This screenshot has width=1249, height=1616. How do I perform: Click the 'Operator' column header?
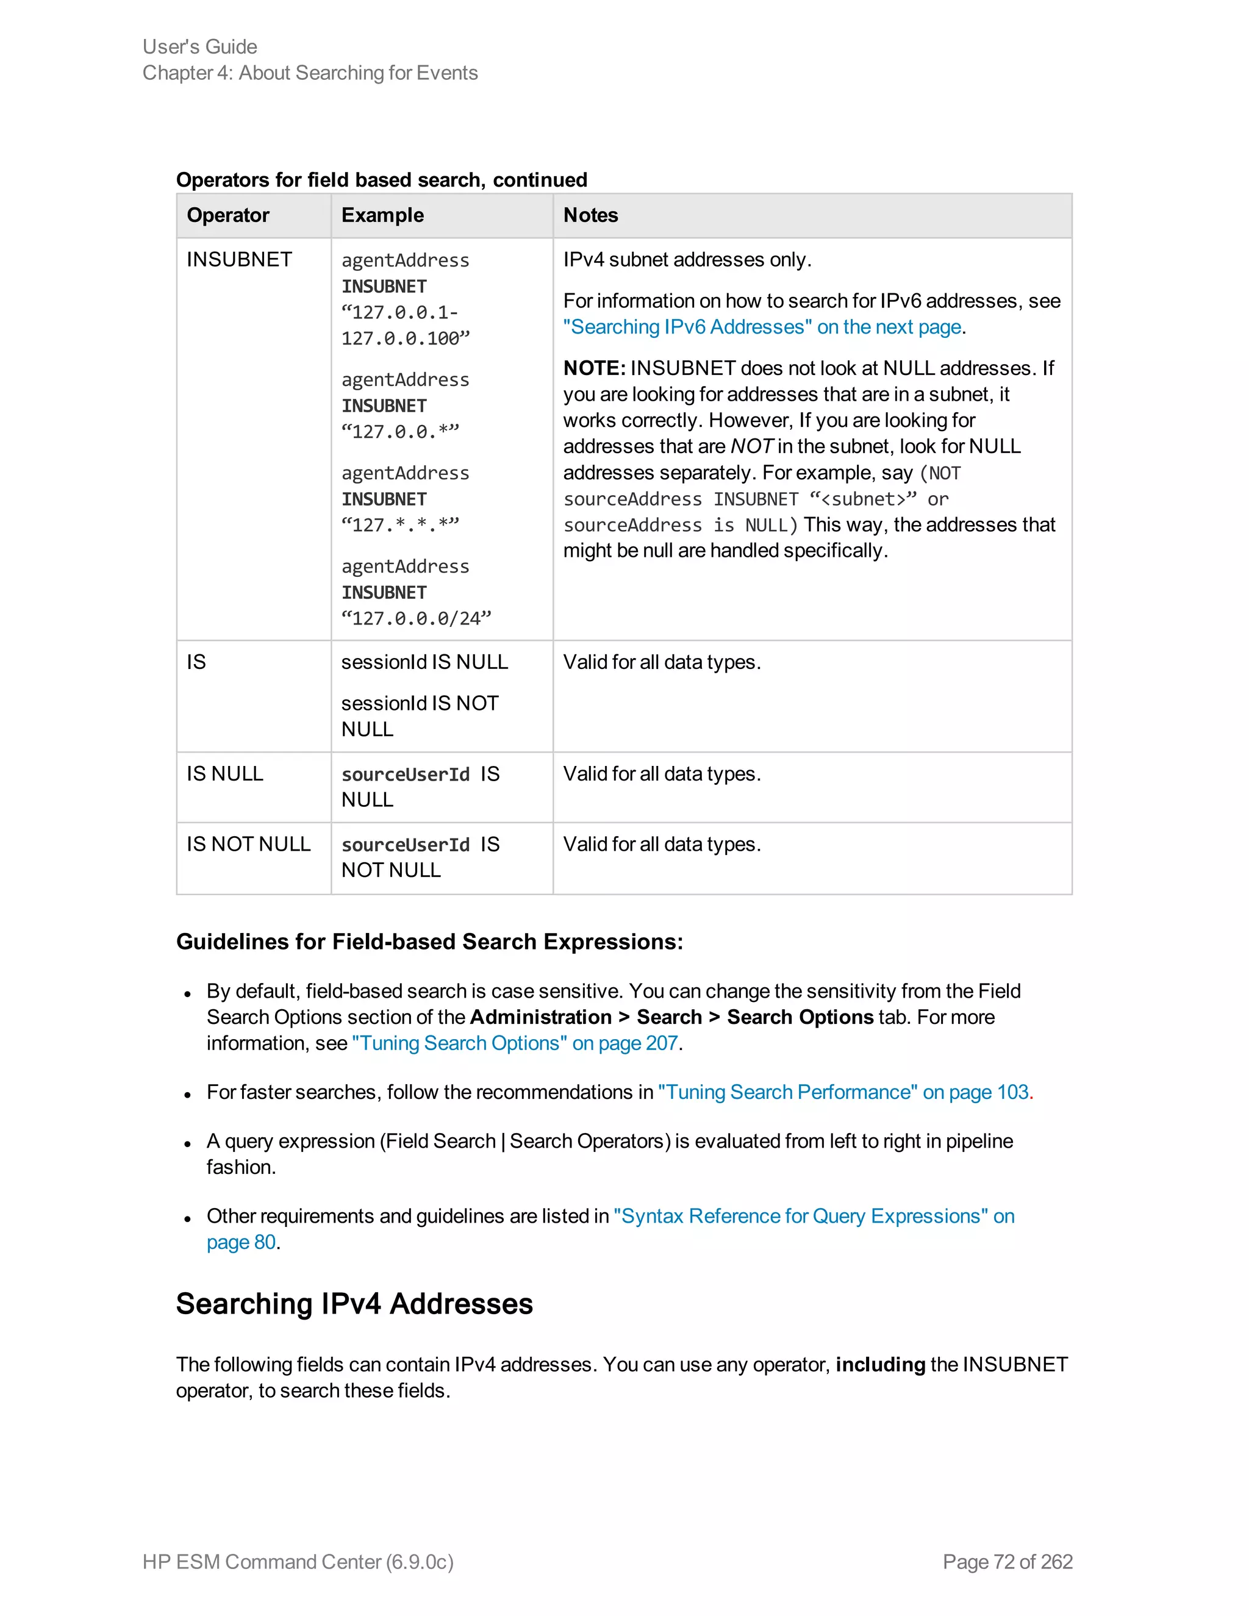click(228, 215)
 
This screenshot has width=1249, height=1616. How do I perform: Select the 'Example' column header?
click(382, 215)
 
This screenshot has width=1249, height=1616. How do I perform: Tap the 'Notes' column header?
click(590, 215)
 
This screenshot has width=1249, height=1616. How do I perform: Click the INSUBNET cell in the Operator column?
click(239, 260)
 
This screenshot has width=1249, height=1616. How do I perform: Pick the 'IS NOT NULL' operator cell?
click(249, 844)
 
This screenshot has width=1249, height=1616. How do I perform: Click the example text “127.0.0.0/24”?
click(416, 618)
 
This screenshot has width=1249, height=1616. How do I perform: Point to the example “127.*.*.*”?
click(400, 525)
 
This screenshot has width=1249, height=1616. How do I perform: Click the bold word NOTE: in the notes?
click(594, 368)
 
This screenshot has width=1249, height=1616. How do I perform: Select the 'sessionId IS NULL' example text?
click(424, 662)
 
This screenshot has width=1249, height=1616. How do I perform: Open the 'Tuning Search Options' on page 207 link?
click(515, 1043)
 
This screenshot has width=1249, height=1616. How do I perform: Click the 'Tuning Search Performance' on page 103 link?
click(843, 1092)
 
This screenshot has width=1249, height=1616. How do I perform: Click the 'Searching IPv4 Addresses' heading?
click(354, 1304)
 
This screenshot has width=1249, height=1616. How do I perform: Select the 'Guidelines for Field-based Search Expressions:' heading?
click(429, 942)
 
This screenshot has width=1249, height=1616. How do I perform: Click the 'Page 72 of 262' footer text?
click(1007, 1562)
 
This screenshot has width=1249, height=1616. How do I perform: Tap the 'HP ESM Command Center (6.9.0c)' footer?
click(298, 1562)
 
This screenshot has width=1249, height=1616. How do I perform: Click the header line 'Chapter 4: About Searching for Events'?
click(310, 73)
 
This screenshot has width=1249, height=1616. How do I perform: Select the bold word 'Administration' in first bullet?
click(540, 1017)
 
